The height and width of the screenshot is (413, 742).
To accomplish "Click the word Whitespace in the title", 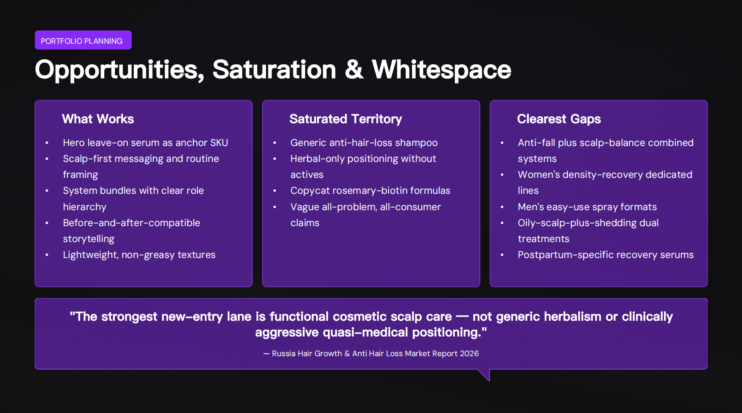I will point(441,70).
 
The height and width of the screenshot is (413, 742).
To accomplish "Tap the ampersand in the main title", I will point(354,70).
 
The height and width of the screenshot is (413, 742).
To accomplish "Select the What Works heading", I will point(98,119).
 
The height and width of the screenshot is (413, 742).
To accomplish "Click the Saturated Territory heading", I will point(346,119).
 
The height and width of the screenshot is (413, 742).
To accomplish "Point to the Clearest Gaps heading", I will point(559,119).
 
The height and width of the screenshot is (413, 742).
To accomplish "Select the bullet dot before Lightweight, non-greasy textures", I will point(47,255).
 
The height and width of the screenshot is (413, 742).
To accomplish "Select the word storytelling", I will point(88,239).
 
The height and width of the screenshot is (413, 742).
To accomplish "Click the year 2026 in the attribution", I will point(469,353).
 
